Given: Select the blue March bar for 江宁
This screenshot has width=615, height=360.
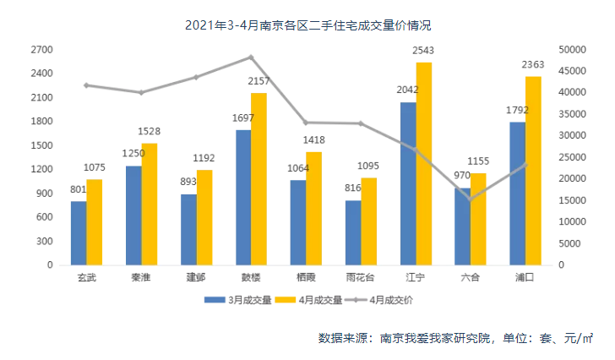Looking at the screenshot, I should point(408,183).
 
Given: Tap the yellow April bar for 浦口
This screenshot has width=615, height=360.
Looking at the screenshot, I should point(533,171).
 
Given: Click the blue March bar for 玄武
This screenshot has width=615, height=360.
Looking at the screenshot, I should point(79,232).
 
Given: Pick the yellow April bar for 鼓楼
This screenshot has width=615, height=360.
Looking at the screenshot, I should point(259,178).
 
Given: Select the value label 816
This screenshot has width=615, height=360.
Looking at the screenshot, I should point(353,189).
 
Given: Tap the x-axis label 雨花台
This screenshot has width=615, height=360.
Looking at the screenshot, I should point(361,277).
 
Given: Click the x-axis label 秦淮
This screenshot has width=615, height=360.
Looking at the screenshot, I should point(141,277).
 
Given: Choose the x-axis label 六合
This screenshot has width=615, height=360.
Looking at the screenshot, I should point(471,277).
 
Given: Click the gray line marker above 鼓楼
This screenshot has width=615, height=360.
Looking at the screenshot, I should point(250,57).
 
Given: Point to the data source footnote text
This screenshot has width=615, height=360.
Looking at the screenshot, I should point(455,338).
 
